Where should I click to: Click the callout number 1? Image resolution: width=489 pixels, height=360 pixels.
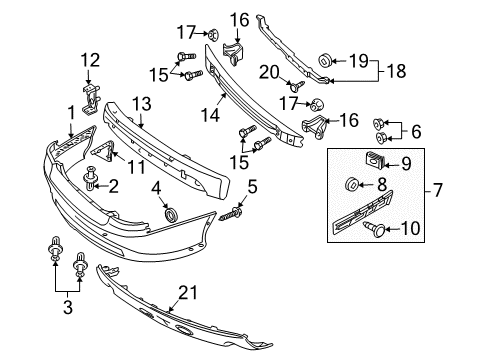tap(71, 112)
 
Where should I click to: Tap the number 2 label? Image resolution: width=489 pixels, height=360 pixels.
tap(113, 184)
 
